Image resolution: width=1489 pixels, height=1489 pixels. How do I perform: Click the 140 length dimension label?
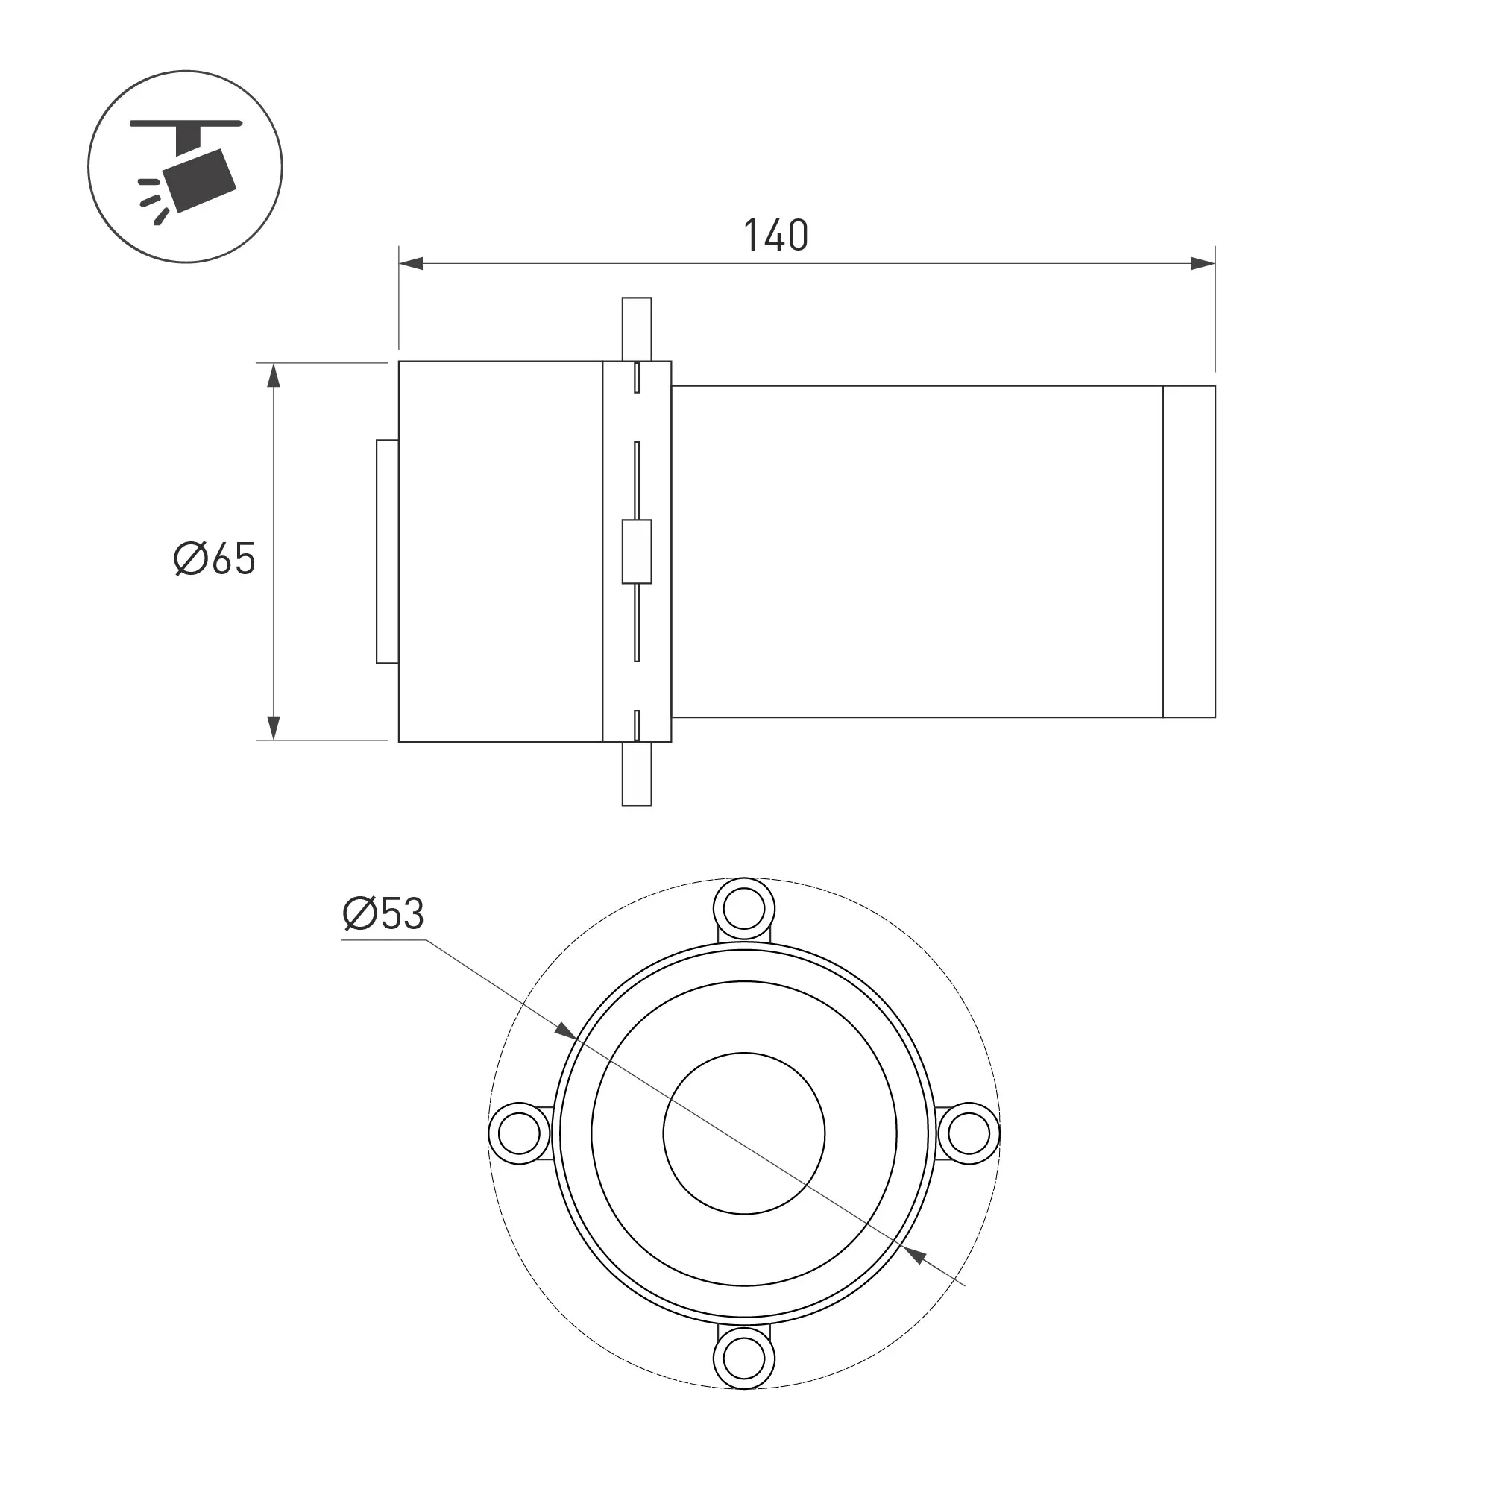click(776, 236)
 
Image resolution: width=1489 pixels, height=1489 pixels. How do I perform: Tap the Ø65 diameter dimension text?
click(214, 558)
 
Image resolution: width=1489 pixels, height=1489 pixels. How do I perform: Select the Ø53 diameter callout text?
click(383, 914)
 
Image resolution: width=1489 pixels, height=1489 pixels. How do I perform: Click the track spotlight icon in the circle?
click(186, 166)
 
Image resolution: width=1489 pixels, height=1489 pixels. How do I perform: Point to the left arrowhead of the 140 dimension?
click(411, 265)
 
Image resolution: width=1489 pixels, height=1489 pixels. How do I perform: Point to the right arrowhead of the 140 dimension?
click(1203, 265)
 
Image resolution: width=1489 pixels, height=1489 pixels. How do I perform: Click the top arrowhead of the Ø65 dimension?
click(273, 374)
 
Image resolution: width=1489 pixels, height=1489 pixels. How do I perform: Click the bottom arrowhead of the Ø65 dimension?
click(273, 728)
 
